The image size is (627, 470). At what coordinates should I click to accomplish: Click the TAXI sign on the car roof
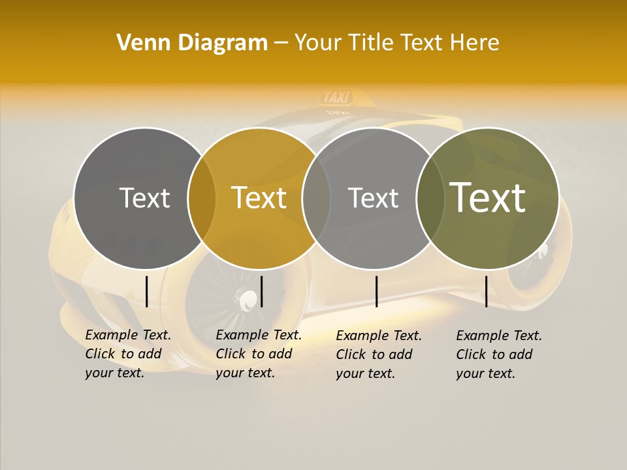337,98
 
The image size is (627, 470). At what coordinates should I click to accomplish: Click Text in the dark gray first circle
144,198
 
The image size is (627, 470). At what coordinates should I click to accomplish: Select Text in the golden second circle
259,198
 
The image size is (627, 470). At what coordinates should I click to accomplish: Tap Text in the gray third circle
373,198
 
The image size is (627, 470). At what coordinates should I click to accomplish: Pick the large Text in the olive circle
487,198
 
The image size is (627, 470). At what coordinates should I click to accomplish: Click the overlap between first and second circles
202,198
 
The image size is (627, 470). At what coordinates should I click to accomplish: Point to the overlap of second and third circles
316,198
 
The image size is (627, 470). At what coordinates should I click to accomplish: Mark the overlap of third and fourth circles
430,198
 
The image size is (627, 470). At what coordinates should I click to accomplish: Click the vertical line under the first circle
146,291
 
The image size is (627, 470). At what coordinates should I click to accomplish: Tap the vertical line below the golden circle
261,291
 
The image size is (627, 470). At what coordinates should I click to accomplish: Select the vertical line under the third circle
376,291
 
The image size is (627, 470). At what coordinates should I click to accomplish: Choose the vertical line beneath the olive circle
486,291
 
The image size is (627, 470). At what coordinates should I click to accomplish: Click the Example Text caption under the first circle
128,354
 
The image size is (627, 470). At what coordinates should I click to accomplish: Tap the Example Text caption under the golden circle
259,354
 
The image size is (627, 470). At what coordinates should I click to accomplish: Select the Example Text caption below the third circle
379,354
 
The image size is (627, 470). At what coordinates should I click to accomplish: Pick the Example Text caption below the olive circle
499,354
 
